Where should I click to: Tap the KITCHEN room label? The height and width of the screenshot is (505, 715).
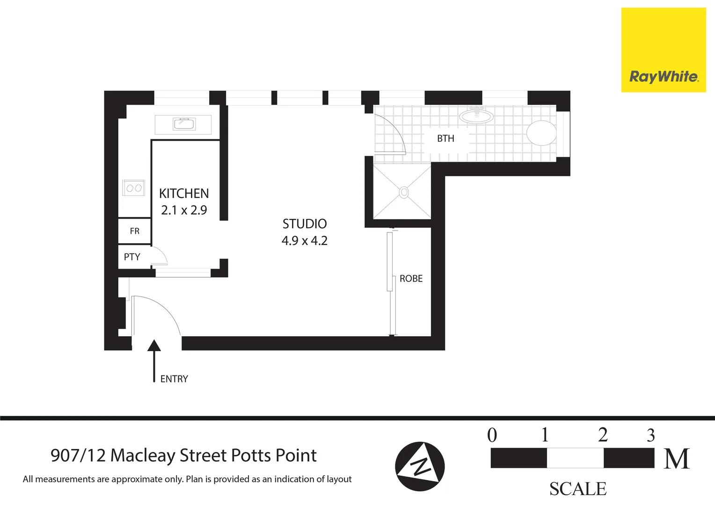(184, 194)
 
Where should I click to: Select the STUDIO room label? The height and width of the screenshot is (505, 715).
(305, 224)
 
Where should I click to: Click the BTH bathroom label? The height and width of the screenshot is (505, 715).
(445, 138)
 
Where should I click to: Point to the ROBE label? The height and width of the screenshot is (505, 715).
(411, 279)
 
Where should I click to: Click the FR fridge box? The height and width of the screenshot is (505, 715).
(134, 231)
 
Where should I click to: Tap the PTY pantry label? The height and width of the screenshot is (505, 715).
(132, 257)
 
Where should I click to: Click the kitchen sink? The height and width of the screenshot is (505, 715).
(184, 124)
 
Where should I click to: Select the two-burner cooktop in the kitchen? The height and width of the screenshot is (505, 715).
(134, 188)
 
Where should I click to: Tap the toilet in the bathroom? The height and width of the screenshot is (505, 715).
(542, 133)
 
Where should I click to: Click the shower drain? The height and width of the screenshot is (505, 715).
(404, 192)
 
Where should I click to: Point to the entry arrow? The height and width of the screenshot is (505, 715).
(154, 360)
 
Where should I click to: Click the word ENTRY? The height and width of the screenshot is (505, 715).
(174, 379)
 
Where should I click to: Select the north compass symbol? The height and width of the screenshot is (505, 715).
(420, 466)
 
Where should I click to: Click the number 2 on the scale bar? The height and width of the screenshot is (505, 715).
(603, 435)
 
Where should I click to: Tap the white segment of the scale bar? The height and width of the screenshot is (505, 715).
(575, 458)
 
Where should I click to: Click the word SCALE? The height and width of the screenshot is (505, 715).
(578, 489)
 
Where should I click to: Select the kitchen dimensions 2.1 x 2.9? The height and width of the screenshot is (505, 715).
(184, 210)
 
